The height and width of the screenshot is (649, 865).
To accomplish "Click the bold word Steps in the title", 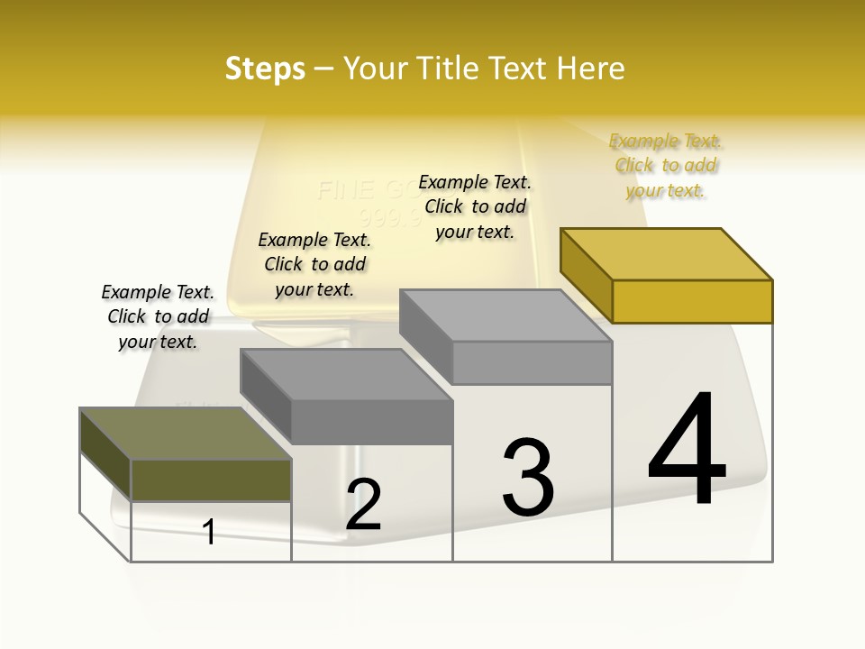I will tap(265, 69).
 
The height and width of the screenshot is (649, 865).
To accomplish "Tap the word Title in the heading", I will tap(448, 69).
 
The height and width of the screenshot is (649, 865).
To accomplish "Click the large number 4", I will tap(687, 451).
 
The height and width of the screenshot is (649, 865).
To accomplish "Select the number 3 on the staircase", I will tap(528, 477).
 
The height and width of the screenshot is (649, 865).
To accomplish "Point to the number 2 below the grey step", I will tap(364, 504).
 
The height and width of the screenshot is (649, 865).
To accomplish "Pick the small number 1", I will tap(209, 532).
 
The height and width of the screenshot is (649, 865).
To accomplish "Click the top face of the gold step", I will tap(667, 254).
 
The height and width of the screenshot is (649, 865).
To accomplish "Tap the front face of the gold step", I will tap(692, 301).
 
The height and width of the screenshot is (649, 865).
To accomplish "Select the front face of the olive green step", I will tap(211, 480).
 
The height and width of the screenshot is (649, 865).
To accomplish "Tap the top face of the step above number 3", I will tap(505, 315).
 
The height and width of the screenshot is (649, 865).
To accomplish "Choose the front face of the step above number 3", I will tap(532, 362).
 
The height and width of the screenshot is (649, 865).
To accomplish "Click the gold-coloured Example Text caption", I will tap(666, 166).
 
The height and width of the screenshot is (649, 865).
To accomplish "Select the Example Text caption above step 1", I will tap(158, 316).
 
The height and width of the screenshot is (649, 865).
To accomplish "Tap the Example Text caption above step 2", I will tap(314, 264).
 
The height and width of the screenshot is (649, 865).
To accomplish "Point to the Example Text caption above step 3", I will tap(475, 206).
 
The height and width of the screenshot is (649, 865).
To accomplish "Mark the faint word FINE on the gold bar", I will tap(346, 190).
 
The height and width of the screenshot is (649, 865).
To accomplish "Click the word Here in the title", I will tap(592, 69).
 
